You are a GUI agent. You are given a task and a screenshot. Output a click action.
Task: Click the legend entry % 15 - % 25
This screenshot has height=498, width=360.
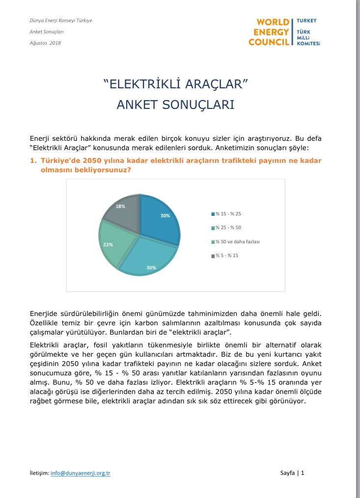click(x=228, y=213)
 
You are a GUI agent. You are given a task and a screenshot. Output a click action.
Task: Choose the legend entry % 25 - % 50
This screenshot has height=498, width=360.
click(x=228, y=228)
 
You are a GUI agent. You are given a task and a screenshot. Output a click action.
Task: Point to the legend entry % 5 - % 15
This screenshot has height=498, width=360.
click(x=226, y=256)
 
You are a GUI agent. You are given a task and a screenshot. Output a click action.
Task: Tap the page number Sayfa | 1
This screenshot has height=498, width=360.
click(x=292, y=473)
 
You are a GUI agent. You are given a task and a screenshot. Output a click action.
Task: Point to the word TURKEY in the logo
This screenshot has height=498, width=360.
click(x=307, y=21)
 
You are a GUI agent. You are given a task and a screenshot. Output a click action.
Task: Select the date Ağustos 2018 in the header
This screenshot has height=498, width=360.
click(x=45, y=43)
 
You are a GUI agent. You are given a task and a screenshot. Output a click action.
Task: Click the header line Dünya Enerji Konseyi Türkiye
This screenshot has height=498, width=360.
click(x=61, y=21)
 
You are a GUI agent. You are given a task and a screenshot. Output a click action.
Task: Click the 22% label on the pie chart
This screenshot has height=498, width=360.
click(x=108, y=244)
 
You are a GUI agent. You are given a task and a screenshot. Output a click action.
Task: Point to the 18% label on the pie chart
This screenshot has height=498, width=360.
click(x=120, y=206)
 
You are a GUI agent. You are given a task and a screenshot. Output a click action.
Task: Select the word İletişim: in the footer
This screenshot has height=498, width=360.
click(x=39, y=473)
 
